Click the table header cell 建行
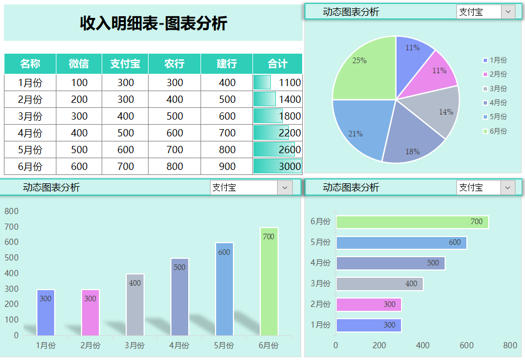pos(227,64)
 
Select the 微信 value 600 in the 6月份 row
pos(79,167)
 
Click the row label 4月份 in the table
pos(30,133)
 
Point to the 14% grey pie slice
pos(438,112)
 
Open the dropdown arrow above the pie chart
pos(508,12)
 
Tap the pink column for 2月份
pos(90,312)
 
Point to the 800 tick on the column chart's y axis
pos(12,211)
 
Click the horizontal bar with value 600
pos(401,243)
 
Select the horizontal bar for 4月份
pos(390,263)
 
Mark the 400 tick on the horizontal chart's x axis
pos(423,345)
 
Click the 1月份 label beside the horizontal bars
pos(321,325)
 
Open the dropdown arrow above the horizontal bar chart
pos(508,188)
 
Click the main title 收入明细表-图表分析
pos(154,23)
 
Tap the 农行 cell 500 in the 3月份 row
pos(175,116)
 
